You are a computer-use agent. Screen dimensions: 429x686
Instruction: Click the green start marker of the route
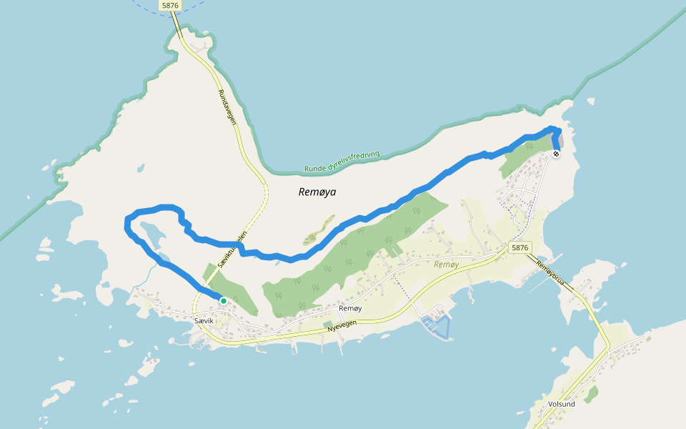tap(223, 301)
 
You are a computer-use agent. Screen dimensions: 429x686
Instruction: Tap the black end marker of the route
tap(556, 153)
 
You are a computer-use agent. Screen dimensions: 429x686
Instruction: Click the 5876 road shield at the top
tap(170, 5)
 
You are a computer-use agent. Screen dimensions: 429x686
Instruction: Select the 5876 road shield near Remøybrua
tap(520, 247)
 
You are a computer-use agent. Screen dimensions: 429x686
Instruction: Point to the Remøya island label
tap(317, 192)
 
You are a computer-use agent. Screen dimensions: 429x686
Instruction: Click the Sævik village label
tap(204, 322)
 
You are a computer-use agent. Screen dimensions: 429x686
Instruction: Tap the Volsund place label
tap(562, 404)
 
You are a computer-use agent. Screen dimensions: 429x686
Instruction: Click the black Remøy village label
tap(350, 308)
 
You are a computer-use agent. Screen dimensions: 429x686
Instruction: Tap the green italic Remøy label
tap(446, 264)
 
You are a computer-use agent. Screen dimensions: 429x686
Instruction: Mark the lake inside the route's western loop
tap(152, 232)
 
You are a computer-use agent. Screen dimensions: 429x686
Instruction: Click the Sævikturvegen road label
tap(232, 250)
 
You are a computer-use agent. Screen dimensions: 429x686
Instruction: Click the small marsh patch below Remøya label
tap(309, 238)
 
